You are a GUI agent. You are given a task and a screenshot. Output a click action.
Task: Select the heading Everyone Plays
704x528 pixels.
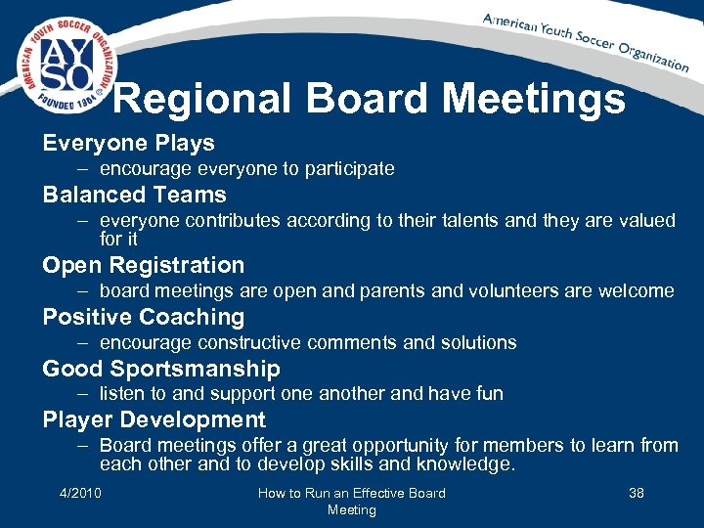(128, 143)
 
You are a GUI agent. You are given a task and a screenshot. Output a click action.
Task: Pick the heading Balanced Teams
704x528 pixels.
(134, 195)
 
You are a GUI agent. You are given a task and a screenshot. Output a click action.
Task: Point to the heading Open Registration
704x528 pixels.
(143, 265)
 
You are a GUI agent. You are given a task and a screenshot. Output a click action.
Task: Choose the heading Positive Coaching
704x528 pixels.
(143, 317)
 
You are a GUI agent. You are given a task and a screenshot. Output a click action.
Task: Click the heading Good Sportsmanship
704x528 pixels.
(160, 369)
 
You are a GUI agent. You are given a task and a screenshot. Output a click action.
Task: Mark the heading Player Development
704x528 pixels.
(154, 419)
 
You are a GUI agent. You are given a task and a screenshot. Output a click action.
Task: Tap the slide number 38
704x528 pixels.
(636, 493)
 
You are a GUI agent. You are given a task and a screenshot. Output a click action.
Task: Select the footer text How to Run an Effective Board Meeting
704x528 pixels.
(351, 502)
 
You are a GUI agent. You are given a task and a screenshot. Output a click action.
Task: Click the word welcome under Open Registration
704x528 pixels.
(638, 290)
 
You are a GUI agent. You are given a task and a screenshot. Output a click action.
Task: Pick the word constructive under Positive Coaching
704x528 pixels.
(248, 343)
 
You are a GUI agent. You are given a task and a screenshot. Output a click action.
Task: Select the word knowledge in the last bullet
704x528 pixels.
(465, 464)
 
